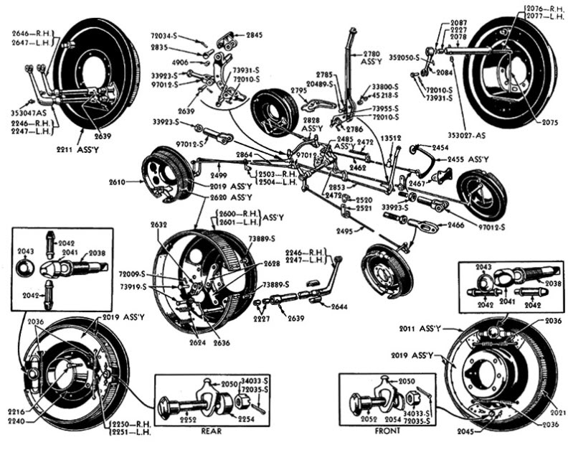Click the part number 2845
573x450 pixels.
[255, 34]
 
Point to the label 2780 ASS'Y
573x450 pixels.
[372, 57]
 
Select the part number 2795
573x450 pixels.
[298, 90]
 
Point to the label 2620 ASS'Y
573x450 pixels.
[230, 197]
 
